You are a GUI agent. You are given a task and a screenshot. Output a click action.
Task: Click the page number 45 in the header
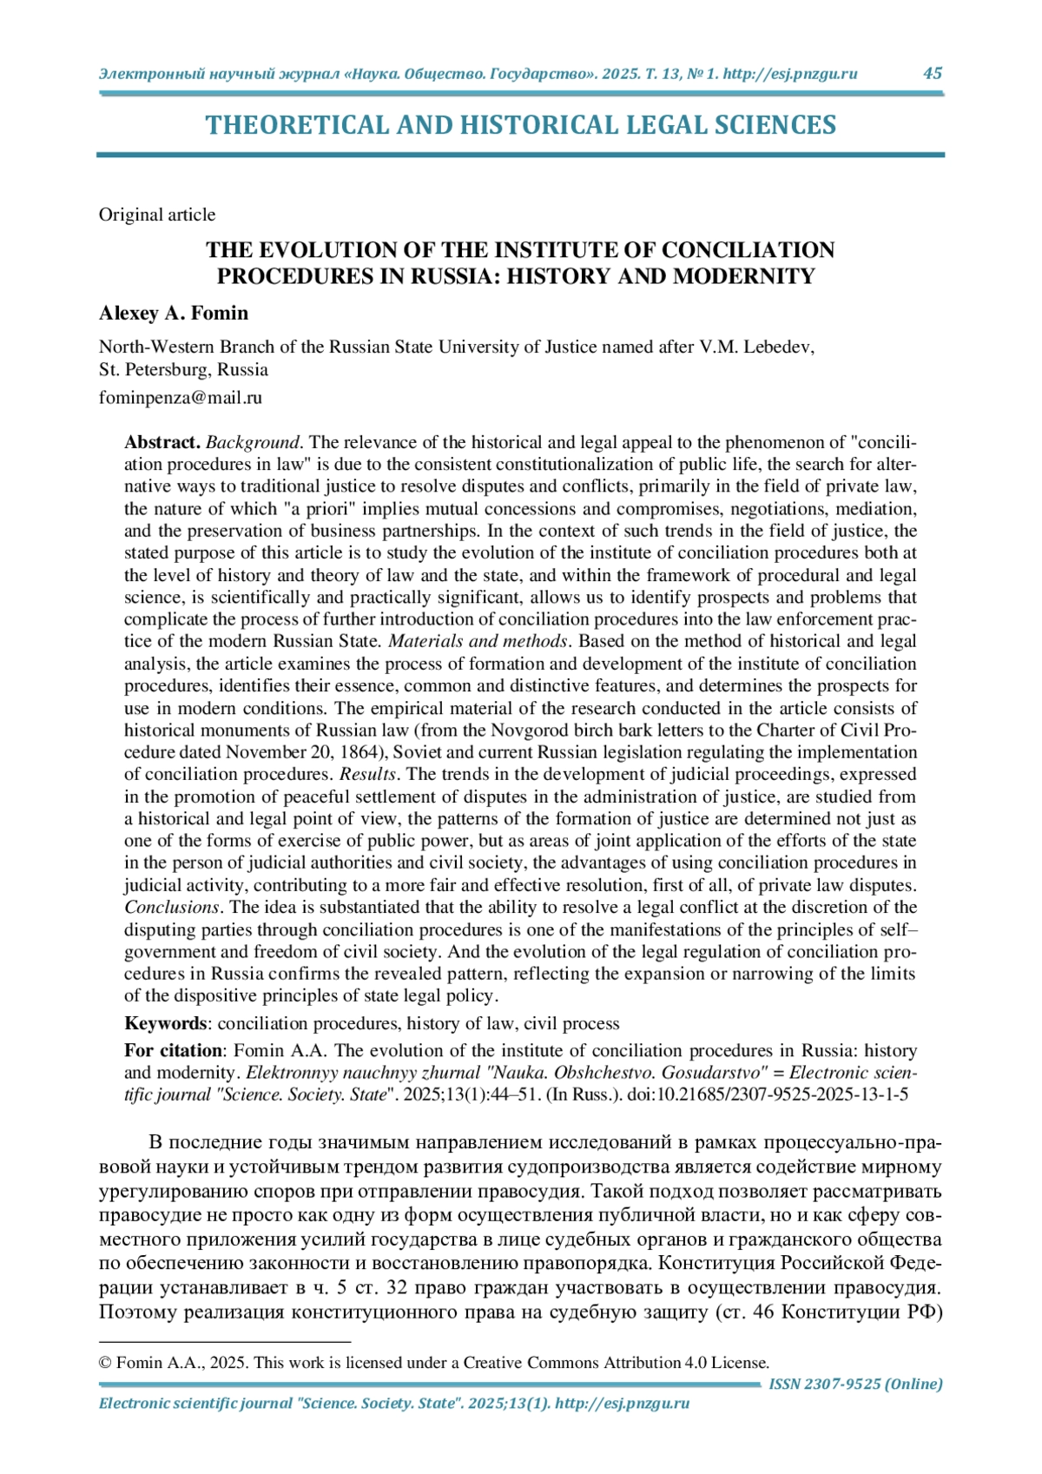(x=932, y=73)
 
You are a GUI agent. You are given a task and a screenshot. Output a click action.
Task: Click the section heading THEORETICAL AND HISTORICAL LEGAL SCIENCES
(x=520, y=125)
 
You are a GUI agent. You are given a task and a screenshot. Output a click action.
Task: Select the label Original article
(x=157, y=215)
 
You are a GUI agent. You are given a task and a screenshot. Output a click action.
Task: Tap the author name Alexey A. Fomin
(x=174, y=313)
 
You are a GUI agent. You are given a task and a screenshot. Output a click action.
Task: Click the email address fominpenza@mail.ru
(x=181, y=398)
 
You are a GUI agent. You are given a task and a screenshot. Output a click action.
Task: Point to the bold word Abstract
(x=162, y=442)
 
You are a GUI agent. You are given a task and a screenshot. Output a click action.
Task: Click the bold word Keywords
(x=166, y=1023)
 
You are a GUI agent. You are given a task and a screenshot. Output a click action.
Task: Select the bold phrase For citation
(x=173, y=1050)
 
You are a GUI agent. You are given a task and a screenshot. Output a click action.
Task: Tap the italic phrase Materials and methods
(x=478, y=641)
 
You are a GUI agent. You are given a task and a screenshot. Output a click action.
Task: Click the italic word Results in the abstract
(x=367, y=774)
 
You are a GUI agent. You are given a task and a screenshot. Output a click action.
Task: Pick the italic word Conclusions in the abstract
(x=171, y=907)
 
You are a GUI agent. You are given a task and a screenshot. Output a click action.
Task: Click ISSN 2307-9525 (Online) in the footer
(x=855, y=1384)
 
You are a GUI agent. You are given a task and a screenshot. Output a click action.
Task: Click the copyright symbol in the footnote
(x=105, y=1363)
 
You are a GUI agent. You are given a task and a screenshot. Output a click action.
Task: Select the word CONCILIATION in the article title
(x=748, y=250)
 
